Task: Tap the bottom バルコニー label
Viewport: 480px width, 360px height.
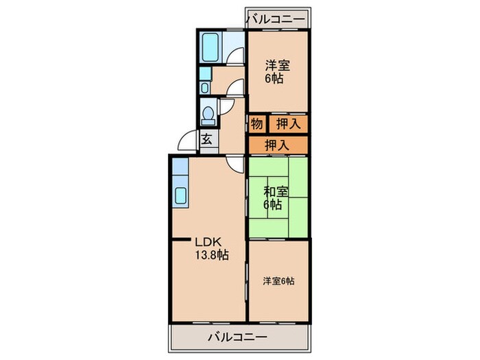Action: click(236, 337)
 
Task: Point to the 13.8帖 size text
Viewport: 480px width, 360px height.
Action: click(211, 255)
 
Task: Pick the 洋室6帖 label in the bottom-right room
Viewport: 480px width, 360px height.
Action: click(279, 280)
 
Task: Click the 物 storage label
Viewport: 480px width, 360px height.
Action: click(256, 124)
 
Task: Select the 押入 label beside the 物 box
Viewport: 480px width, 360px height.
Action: click(287, 124)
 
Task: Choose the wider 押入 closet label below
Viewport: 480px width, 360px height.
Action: click(276, 145)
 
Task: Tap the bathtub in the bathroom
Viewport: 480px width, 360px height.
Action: click(211, 47)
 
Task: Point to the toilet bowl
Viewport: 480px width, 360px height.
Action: click(208, 112)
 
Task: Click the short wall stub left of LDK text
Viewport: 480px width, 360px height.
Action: click(181, 239)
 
